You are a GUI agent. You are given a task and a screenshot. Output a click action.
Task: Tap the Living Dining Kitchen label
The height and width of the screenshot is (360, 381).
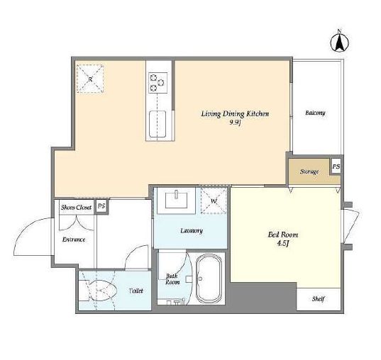235,114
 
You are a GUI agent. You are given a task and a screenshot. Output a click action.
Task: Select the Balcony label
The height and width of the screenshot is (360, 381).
315,113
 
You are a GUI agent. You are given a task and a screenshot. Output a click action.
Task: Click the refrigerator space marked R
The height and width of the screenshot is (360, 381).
90,79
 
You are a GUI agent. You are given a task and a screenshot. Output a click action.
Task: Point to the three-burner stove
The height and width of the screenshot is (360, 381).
158,82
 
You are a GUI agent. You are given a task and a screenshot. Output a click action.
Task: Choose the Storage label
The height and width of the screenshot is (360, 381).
309,171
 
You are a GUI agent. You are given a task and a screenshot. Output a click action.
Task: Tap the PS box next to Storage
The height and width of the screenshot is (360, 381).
336,167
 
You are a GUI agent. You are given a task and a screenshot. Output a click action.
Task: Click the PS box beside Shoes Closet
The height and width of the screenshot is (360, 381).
101,206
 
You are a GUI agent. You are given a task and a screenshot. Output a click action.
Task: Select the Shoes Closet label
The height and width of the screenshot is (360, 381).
77,208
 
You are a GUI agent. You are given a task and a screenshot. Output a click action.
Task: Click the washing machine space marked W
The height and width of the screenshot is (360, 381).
214,201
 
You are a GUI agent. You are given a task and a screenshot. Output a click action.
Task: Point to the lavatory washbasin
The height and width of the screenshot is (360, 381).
177,200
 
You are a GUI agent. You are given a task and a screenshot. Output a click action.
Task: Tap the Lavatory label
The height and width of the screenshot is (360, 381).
192,230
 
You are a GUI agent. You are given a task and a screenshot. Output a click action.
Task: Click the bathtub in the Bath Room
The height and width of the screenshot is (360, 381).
209,279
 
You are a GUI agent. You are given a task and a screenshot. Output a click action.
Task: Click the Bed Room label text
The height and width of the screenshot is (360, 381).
283,235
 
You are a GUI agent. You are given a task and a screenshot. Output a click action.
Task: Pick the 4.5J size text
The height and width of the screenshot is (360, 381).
282,244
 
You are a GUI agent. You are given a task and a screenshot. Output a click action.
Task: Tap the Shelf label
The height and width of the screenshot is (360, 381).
319,299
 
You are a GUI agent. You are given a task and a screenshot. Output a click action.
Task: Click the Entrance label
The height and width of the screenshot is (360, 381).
74,240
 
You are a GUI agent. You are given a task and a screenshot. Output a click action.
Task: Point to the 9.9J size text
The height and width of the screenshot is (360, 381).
235,123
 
